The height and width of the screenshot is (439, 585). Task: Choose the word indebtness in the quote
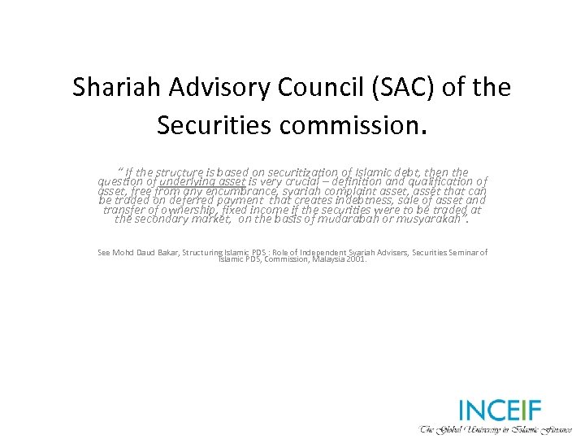358,200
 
